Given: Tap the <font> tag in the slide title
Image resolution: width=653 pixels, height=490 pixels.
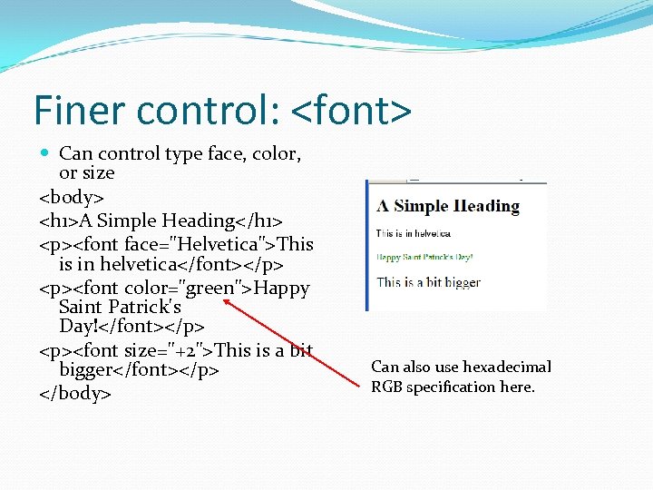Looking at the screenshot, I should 351,111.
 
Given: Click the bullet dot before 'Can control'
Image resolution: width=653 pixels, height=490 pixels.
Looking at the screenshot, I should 46,154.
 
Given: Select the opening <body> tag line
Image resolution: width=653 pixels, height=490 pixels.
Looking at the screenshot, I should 72,196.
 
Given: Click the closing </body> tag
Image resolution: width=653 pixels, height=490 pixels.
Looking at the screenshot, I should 74,394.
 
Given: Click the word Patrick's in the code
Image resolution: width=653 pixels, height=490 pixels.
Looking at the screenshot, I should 145,307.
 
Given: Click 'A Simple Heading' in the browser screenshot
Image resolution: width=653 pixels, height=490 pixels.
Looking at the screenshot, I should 448,206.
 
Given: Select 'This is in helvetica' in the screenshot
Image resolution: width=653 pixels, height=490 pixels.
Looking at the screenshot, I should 414,234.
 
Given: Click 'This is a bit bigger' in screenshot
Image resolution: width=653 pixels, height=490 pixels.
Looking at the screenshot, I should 429,282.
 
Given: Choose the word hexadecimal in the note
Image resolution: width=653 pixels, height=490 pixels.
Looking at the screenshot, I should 507,367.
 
